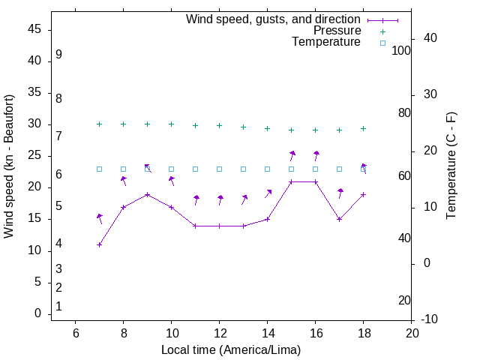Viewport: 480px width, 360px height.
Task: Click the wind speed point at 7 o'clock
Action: pyautogui.click(x=99, y=244)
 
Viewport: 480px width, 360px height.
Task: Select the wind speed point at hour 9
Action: pyautogui.click(x=147, y=194)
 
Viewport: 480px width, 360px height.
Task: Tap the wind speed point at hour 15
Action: pyautogui.click(x=291, y=181)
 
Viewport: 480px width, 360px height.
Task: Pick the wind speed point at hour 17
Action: pyautogui.click(x=339, y=219)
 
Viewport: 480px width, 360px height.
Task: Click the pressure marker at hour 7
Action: pyautogui.click(x=99, y=124)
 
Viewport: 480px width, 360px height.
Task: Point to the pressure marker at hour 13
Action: pyautogui.click(x=243, y=127)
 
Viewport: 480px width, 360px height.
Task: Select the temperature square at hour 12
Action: pyautogui.click(x=219, y=169)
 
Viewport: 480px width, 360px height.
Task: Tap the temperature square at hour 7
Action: pyautogui.click(x=99, y=169)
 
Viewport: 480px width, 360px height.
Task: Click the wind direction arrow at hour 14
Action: pyautogui.click(x=268, y=193)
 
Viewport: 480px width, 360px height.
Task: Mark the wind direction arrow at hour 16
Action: pyautogui.click(x=316, y=155)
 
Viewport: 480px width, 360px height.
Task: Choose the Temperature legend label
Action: pyautogui.click(x=326, y=42)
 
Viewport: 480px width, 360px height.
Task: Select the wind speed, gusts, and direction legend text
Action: pyautogui.click(x=273, y=19)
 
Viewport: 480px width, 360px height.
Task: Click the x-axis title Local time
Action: pyautogui.click(x=231, y=349)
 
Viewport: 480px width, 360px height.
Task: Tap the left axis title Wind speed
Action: pyautogui.click(x=9, y=166)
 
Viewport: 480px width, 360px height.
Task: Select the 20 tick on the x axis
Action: pyautogui.click(x=411, y=333)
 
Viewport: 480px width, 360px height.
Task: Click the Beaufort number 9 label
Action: pyautogui.click(x=58, y=55)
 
